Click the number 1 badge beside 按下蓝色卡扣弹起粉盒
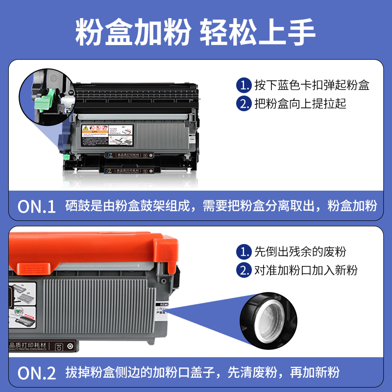pyautogui.click(x=244, y=85)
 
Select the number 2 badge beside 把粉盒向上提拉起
pyautogui.click(x=244, y=103)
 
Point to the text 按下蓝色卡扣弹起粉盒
pyautogui.click(x=312, y=85)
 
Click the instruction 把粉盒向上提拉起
pyautogui.click(x=300, y=103)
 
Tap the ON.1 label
pyautogui.click(x=37, y=206)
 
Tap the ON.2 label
pyautogui.click(x=37, y=373)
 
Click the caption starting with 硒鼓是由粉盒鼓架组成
pyautogui.click(x=221, y=206)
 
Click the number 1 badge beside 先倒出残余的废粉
pyautogui.click(x=244, y=252)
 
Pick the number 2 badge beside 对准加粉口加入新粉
pyautogui.click(x=244, y=270)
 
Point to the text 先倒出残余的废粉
pyautogui.click(x=300, y=252)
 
